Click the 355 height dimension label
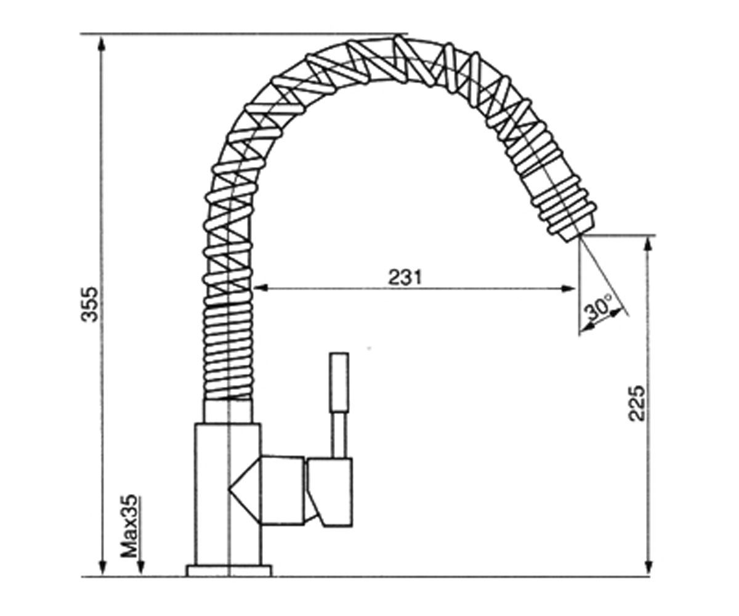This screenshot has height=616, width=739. click(x=89, y=304)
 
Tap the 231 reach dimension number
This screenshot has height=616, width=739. click(x=405, y=277)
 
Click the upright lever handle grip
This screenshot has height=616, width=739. click(x=339, y=382)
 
